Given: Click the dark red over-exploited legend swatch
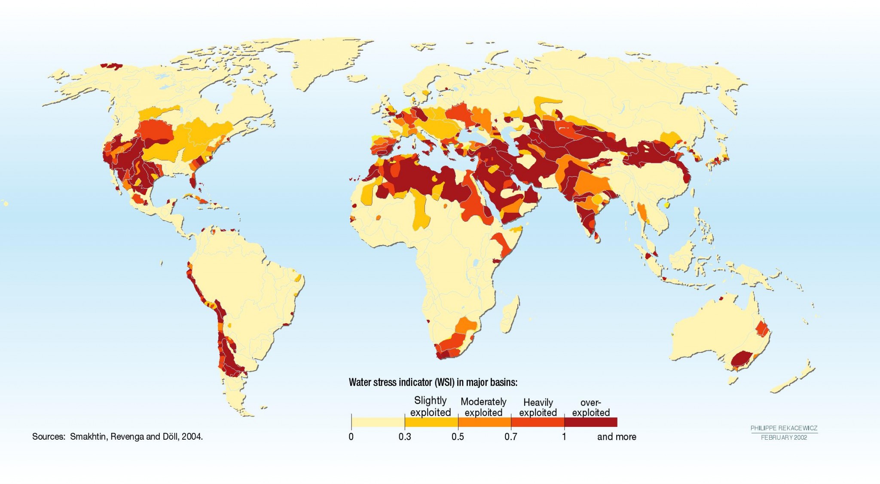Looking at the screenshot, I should (590, 422).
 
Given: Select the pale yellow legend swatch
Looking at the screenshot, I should (378, 422).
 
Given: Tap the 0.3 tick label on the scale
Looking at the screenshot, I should (404, 437).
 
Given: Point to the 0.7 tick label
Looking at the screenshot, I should (510, 437).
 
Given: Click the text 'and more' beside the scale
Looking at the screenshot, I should (616, 437).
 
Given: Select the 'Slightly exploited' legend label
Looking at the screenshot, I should (430, 407).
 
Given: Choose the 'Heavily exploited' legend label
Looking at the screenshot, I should (538, 407).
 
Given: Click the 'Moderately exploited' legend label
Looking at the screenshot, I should (483, 407).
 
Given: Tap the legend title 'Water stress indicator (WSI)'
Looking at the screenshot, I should (433, 382).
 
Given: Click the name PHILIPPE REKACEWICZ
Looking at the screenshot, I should (784, 428).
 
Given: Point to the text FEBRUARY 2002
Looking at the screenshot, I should (784, 438).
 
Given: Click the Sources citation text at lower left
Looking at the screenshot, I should (117, 437).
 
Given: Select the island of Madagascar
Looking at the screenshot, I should (510, 314).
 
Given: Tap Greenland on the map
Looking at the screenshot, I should (327, 60).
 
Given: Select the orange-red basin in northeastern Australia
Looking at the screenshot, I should (762, 328).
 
